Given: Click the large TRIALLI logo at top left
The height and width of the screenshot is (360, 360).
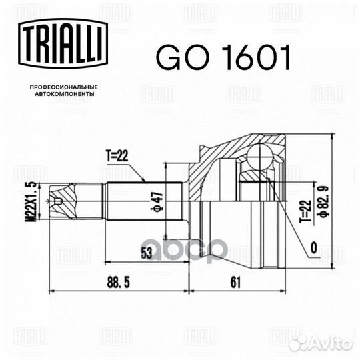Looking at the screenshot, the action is point(63,43).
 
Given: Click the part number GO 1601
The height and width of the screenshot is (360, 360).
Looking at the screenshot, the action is point(223,57).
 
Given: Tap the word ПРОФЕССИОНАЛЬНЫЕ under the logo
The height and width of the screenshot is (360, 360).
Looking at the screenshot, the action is point(64,87).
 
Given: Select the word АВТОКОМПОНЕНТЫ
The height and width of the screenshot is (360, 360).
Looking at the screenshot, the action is point(64,94).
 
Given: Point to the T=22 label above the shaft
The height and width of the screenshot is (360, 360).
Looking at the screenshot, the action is point(117,156).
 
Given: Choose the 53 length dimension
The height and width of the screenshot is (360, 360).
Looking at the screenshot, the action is point(146,253).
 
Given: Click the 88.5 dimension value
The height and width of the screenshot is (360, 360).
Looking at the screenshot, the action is point(118,283).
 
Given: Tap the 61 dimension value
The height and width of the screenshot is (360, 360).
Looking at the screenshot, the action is point(235,283).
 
